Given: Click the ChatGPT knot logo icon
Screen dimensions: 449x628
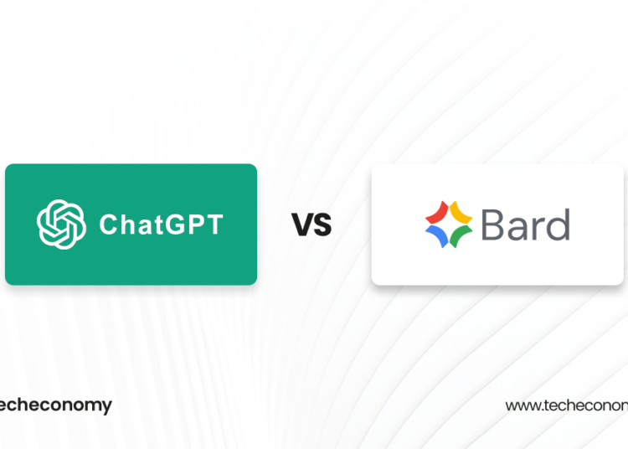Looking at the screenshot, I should (62, 224).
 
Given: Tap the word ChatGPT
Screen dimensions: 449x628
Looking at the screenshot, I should (161, 224).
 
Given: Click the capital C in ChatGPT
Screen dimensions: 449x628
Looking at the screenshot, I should (108, 224).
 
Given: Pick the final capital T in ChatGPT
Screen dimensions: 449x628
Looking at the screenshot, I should (214, 224).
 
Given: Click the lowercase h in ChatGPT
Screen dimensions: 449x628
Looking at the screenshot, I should (126, 224).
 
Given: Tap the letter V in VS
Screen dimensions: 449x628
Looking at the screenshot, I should (301, 224).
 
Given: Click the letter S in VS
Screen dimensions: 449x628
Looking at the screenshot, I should (322, 224).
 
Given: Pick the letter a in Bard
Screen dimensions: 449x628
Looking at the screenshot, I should (517, 228).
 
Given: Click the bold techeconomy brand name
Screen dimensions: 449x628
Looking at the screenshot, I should (55, 405).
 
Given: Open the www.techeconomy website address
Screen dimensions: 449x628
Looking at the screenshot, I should (566, 405).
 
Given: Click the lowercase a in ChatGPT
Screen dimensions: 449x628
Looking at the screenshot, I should (144, 226).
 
